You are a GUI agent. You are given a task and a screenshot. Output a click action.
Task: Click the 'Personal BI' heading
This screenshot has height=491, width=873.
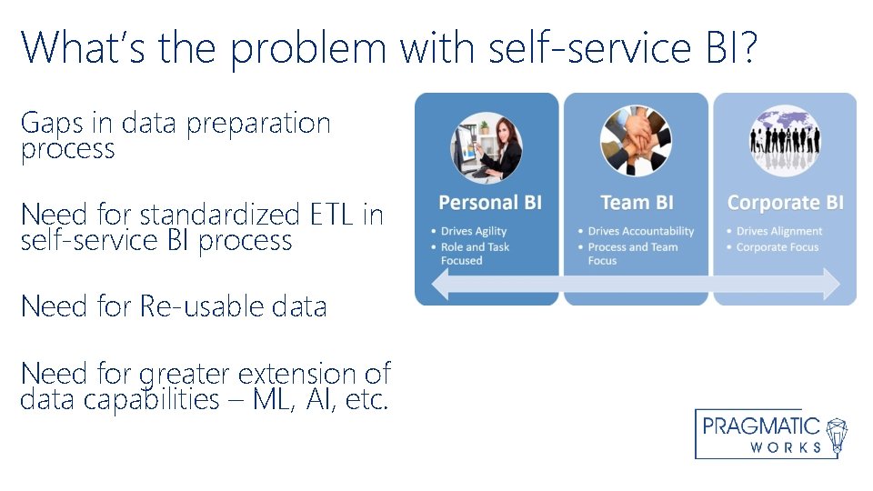coord(489,203)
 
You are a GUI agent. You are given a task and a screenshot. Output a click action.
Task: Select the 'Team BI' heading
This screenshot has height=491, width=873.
coord(637,203)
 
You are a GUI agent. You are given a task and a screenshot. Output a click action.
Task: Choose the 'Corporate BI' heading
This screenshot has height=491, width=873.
coord(785,203)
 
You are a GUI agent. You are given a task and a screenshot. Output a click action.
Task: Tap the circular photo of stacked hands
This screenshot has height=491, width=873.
coord(636,141)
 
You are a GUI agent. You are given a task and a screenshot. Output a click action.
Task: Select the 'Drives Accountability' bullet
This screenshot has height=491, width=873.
coord(640,232)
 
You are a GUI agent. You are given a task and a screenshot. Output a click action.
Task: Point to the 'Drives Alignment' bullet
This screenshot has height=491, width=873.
coord(778,232)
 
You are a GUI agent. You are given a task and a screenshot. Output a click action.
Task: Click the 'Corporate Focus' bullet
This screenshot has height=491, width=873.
coord(777,247)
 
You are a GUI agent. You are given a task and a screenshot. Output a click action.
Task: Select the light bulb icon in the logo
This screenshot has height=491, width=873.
coord(838,435)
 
